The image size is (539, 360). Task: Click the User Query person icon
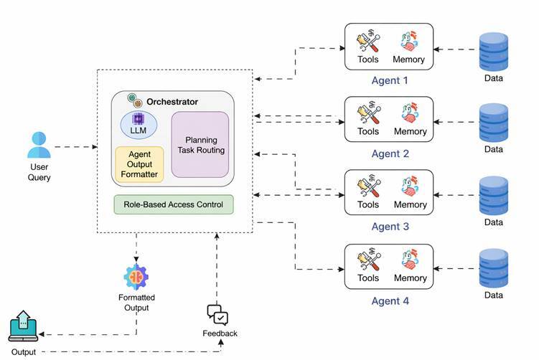click(39, 146)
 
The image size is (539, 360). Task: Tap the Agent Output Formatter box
click(140, 164)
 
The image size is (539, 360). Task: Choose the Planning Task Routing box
click(200, 145)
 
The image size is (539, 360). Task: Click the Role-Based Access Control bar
click(174, 204)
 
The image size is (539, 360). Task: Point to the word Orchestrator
click(173, 102)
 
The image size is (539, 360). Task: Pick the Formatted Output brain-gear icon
click(136, 277)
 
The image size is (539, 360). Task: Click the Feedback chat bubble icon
click(217, 315)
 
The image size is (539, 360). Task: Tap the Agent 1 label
click(390, 80)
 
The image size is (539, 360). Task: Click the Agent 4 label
click(390, 300)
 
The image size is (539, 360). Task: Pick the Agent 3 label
click(390, 227)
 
